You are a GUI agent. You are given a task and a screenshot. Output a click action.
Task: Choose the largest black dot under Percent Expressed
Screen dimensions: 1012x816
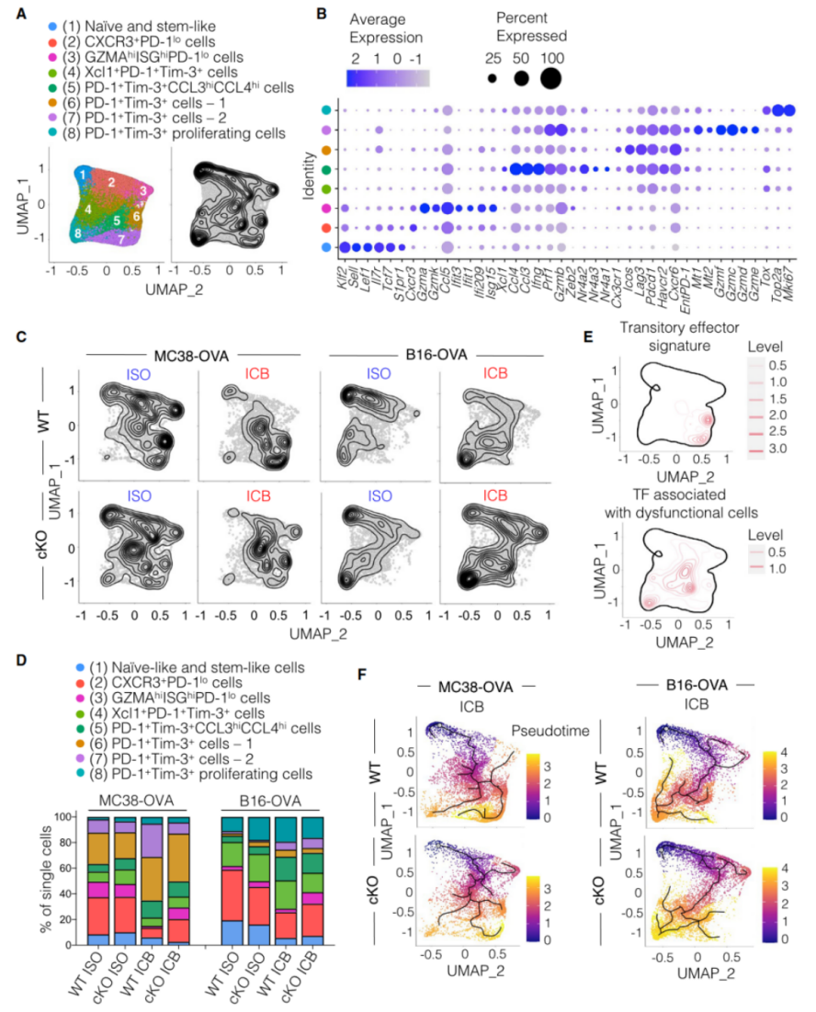550,79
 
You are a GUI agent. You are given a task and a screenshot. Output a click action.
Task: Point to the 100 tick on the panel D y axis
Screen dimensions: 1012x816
62,815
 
